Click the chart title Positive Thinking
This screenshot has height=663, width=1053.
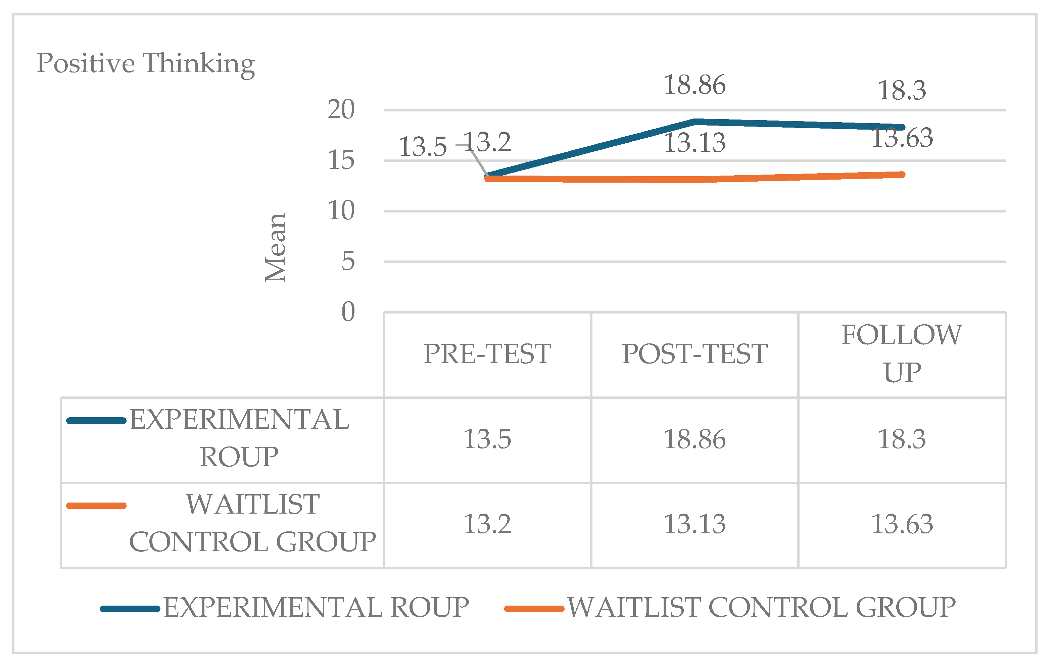146,63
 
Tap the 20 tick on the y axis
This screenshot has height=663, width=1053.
341,109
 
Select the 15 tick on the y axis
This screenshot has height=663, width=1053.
341,160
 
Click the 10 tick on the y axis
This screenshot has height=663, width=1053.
341,211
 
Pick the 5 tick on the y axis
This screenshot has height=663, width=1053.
348,262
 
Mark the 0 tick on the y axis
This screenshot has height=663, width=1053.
348,312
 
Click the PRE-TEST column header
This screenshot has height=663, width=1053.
487,354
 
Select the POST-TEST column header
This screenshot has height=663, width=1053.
695,354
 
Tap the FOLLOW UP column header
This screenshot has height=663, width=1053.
902,353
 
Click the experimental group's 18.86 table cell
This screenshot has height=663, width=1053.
695,439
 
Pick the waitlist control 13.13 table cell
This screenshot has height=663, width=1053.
695,524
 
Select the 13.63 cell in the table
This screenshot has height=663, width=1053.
902,524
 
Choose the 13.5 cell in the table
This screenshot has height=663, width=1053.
487,439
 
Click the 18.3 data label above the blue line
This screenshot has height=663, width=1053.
902,91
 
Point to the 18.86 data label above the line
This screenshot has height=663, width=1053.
695,85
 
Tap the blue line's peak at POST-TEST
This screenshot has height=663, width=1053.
695,122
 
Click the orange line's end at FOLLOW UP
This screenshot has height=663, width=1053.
902,175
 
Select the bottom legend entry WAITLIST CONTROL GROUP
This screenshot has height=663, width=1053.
761,608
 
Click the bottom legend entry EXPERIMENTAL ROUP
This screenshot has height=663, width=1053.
316,608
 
